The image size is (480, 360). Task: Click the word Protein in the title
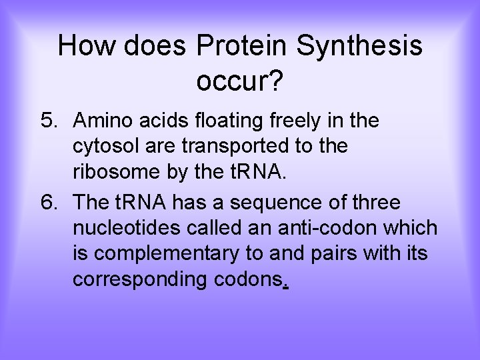pyautogui.click(x=241, y=46)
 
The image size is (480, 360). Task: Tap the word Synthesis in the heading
pyautogui.click(x=359, y=46)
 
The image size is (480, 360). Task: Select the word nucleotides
pyautogui.click(x=125, y=227)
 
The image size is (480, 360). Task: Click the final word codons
pyautogui.click(x=249, y=280)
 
